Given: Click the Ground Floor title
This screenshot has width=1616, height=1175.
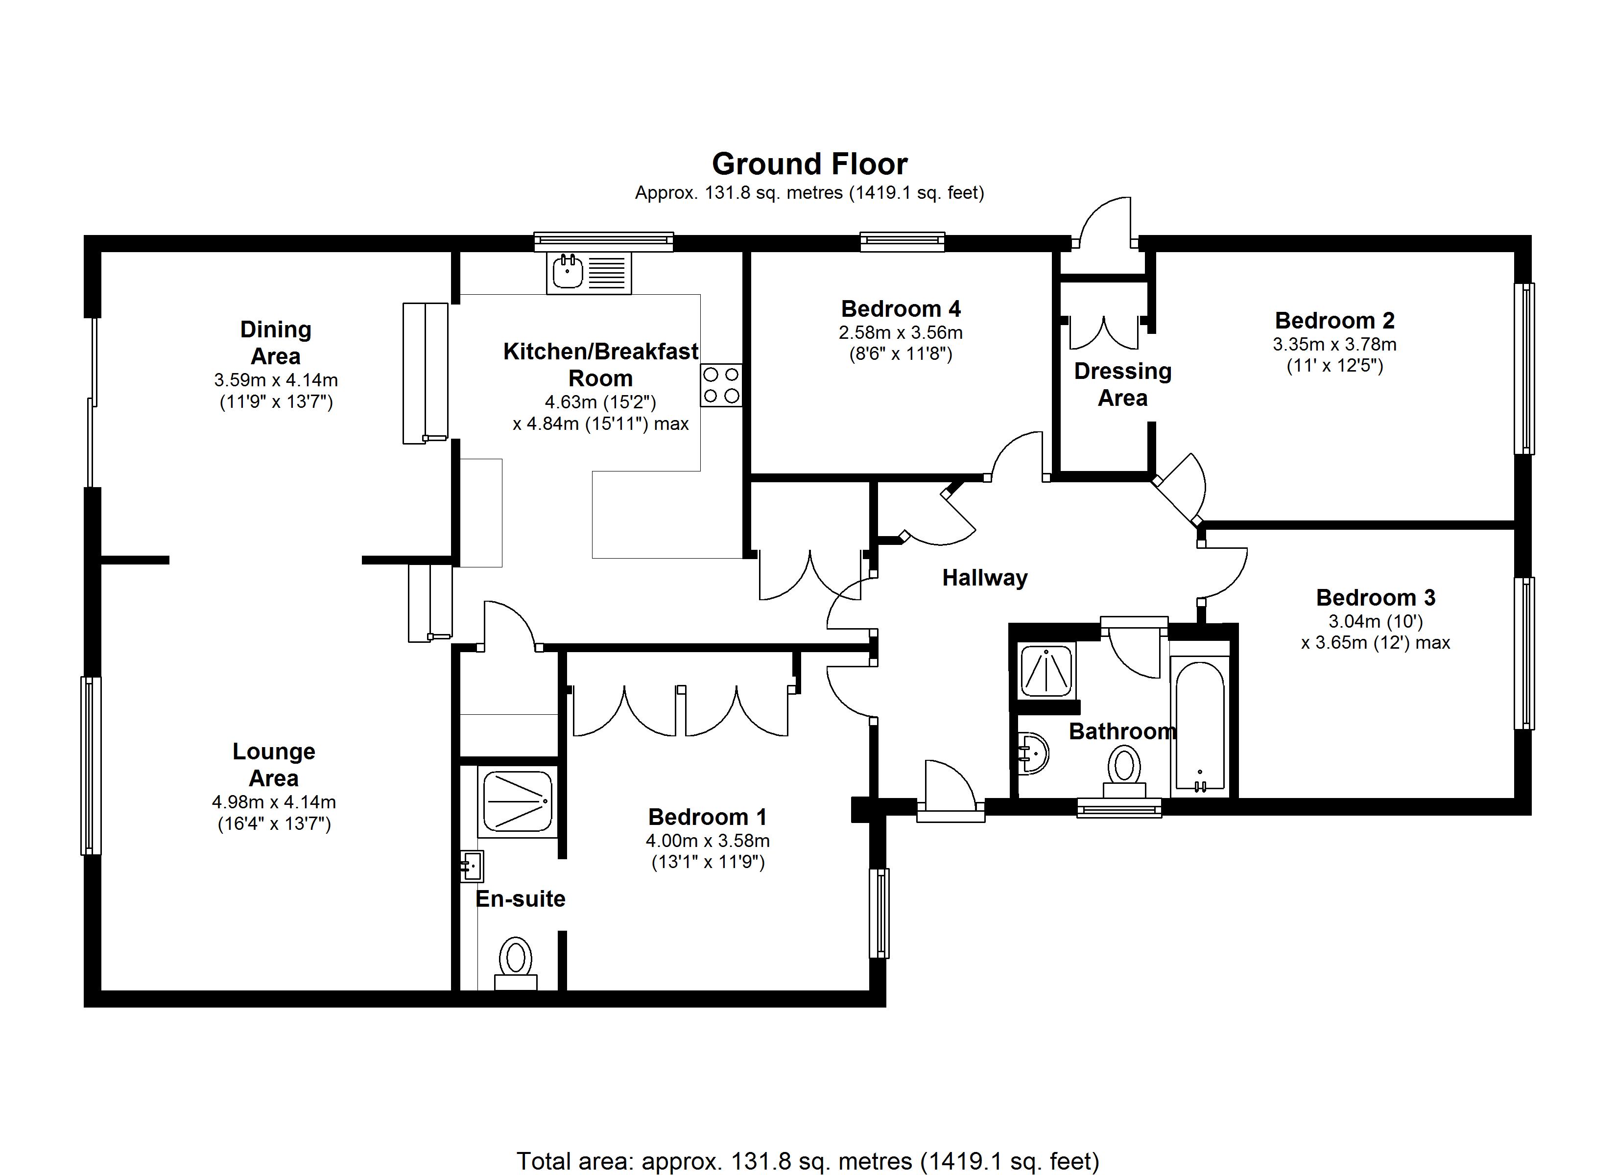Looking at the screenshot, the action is tap(809, 164).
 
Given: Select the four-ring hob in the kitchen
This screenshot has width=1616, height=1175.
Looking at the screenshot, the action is tap(721, 385).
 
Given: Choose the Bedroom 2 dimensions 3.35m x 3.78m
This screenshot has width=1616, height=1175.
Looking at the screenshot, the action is tap(1334, 345).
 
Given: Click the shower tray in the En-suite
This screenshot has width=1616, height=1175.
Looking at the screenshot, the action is tap(517, 801).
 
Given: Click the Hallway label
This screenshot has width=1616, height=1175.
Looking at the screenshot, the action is tap(985, 578).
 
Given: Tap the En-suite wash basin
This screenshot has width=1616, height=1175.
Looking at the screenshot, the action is tap(472, 867).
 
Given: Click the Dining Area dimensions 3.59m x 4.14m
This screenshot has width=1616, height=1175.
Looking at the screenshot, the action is tap(276, 380).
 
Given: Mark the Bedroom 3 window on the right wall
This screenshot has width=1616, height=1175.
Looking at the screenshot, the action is tap(1523, 654).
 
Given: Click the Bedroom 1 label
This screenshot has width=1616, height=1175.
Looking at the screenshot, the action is tap(708, 817).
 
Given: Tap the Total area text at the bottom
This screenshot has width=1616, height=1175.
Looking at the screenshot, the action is tap(808, 1161).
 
